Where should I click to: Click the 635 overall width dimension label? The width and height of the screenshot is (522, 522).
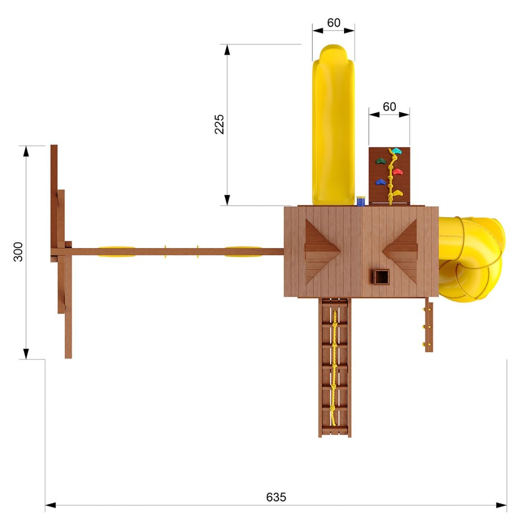click(276, 497)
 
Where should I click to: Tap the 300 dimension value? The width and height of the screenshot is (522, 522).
click(18, 252)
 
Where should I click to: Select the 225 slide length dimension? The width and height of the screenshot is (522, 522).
click(219, 124)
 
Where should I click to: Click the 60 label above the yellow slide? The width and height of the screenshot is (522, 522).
click(333, 23)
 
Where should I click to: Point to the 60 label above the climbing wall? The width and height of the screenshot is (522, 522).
click(389, 106)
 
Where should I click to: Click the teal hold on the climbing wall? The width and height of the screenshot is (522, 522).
click(396, 151)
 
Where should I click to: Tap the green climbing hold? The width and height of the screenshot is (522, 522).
click(380, 161)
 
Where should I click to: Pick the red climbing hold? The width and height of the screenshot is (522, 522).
click(397, 172)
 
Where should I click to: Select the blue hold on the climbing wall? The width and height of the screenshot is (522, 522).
click(380, 182)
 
